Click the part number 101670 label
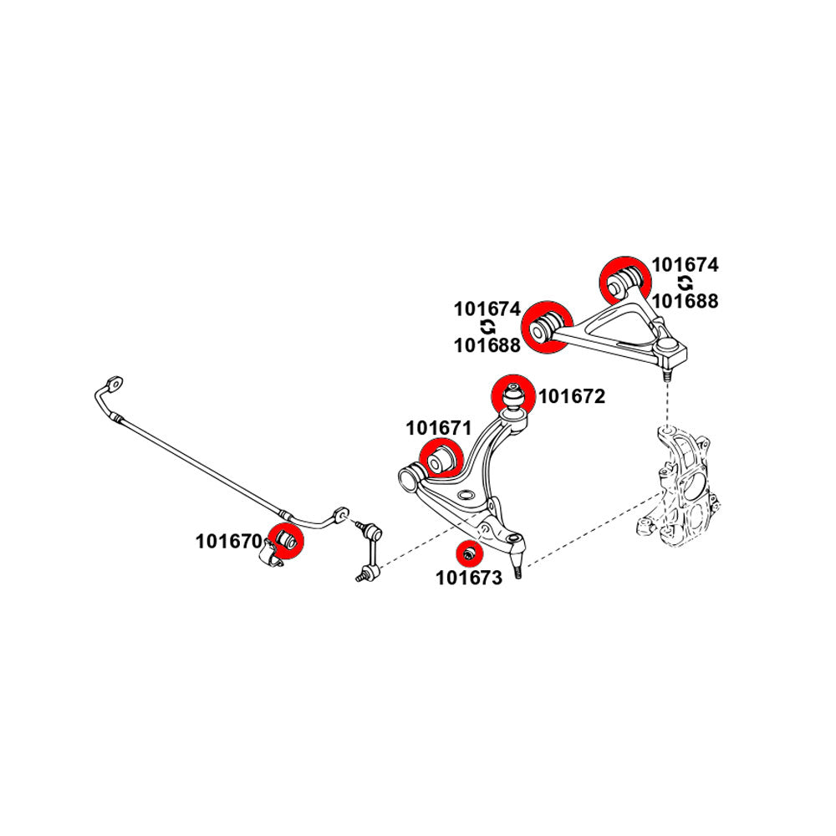click(x=228, y=541)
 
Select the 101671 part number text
click(x=439, y=428)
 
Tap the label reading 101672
click(x=571, y=396)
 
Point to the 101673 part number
click(x=468, y=578)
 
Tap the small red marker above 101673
click(x=469, y=553)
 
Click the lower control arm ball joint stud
click(x=519, y=570)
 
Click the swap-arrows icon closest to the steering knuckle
click(x=685, y=283)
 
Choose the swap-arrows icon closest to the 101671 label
click(x=487, y=327)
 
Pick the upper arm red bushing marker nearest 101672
click(x=547, y=326)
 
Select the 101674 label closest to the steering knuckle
click(x=685, y=265)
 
